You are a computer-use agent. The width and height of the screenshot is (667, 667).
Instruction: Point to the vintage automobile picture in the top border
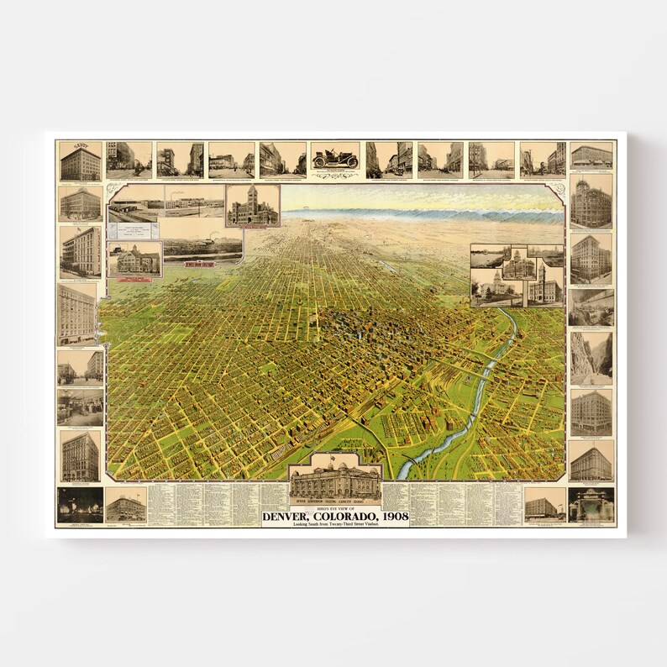pyautogui.click(x=334, y=158)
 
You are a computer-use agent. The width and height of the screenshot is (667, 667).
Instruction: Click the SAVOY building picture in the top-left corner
pyautogui.click(x=80, y=160)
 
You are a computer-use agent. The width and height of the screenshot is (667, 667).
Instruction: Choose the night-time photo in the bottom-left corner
pyautogui.click(x=80, y=504)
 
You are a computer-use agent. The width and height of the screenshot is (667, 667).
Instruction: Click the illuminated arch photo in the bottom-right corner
pyautogui.click(x=591, y=504)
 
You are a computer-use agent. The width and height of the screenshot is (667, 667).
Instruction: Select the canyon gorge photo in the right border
pyautogui.click(x=591, y=357)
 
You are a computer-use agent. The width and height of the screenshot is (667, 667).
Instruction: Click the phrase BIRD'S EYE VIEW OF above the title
pyautogui.click(x=334, y=507)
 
